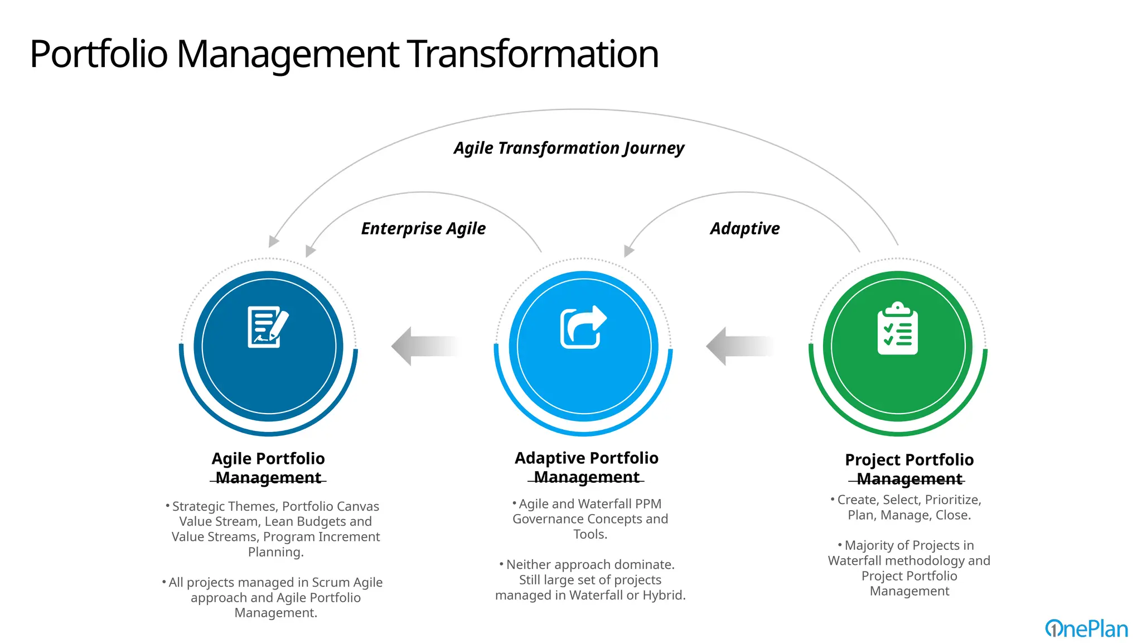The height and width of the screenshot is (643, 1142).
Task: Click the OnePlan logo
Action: pos(1086,628)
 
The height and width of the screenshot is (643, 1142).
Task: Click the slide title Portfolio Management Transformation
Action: pos(344,54)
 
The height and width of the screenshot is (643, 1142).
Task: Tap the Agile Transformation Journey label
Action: pos(568,148)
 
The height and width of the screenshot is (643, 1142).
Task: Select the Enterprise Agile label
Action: pos(423,228)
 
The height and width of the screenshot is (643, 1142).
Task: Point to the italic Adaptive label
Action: pos(744,228)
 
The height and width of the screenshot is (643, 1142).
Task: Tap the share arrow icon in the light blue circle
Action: pos(583,327)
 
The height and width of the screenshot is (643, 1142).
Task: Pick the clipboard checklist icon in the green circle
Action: pos(897,329)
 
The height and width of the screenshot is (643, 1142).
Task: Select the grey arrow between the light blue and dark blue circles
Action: pos(425,346)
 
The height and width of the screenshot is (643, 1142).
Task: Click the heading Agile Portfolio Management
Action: pos(268,468)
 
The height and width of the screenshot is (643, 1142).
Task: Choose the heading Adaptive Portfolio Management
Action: pos(587,467)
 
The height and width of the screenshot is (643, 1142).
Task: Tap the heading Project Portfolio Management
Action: pos(909,469)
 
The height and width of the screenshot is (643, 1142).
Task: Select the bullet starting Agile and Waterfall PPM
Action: pos(590,519)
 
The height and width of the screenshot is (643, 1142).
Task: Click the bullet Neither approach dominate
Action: pos(590,579)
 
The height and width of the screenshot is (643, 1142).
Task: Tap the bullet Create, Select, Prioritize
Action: pos(909,507)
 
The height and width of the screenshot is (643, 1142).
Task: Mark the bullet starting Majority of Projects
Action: pos(909,568)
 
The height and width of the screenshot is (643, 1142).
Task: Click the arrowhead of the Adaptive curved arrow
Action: pos(628,251)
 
